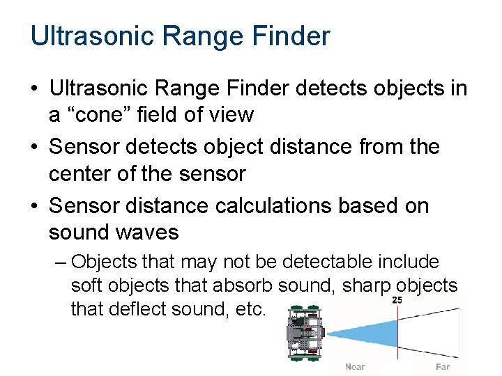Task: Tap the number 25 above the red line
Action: pyautogui.click(x=397, y=300)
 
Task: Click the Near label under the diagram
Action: pyautogui.click(x=355, y=367)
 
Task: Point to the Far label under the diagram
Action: pyautogui.click(x=442, y=367)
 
